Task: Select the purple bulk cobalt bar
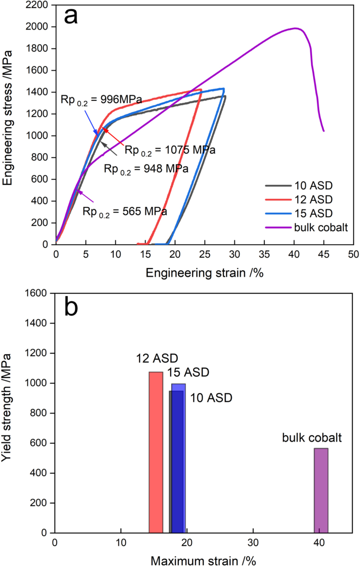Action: click(321, 490)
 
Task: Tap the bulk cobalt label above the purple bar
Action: click(311, 438)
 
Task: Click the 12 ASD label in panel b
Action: click(157, 358)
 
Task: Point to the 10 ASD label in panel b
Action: click(211, 398)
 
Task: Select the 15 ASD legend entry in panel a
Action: click(313, 213)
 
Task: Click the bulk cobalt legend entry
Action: click(321, 227)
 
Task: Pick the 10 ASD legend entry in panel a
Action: click(313, 186)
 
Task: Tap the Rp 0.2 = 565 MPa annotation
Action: click(125, 211)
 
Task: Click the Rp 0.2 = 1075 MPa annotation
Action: click(170, 150)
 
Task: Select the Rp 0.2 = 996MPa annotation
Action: click(101, 100)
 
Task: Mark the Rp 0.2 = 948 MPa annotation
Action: click(146, 169)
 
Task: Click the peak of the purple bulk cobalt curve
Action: click(295, 28)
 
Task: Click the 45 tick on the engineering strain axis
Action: click(324, 254)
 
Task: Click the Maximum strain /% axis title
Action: click(203, 561)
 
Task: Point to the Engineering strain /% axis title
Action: click(204, 273)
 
